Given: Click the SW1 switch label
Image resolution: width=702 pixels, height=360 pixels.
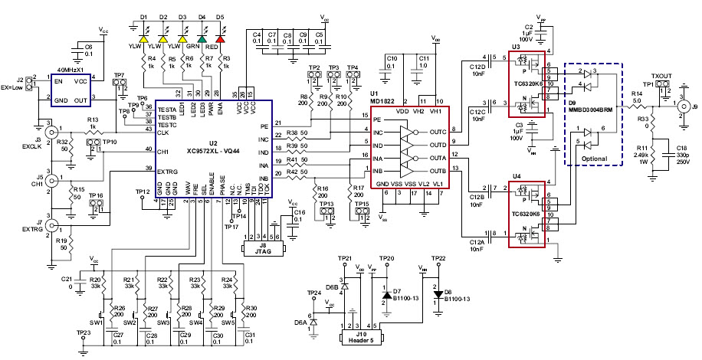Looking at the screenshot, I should click(x=97, y=322).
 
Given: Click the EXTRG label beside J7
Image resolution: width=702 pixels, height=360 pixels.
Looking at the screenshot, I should click(x=31, y=229).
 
